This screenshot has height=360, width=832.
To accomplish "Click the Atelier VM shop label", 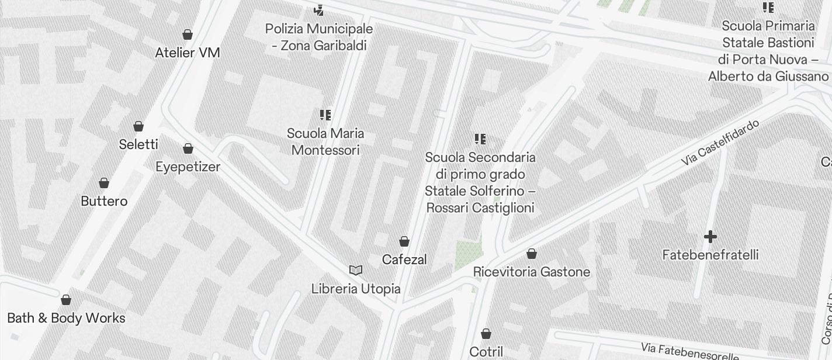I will coord(188,53).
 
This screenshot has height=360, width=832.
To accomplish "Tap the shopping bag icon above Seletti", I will coord(138,126).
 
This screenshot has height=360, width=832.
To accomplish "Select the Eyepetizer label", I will coord(188,167).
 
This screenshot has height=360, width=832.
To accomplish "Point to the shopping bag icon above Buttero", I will coord(104,184).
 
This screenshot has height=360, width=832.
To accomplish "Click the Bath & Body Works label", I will coord(66,318).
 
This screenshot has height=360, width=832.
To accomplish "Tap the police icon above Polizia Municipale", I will coord(318,10).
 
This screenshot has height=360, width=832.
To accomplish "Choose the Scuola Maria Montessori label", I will coord(325,141).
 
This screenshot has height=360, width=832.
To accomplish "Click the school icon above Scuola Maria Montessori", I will coord(325,115).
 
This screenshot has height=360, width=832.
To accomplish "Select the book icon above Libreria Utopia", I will coord(356,270).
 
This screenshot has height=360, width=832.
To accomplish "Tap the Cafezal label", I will coord(404,259).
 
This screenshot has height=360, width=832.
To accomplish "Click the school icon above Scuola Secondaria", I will coord(480,139).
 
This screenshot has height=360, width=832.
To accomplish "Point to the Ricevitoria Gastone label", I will coord(532,272).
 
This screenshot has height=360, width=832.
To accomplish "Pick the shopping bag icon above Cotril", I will coord(486,334).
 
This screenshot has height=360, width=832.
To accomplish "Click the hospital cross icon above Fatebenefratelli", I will coord(710,237).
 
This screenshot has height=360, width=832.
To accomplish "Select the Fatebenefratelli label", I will coord(710,255).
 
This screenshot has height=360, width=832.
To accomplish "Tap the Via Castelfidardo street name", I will coord(720,142).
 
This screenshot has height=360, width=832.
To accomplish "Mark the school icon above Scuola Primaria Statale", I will coord(768,8).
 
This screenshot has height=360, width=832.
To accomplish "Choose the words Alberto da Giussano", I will coord(768,77).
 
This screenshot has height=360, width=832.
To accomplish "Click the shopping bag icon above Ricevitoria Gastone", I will coord(532,254).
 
